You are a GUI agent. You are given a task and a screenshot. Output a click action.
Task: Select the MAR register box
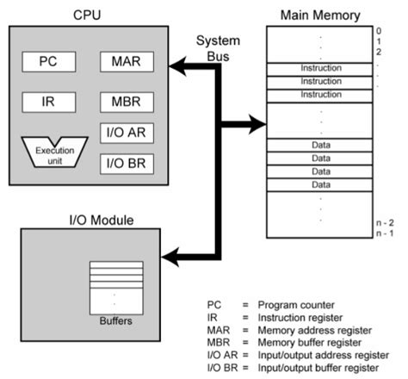click(127, 62)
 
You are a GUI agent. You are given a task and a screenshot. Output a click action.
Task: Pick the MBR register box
click(127, 101)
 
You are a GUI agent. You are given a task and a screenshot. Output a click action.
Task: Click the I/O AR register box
click(127, 132)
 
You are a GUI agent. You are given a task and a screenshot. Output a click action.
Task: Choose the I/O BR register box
click(127, 160)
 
